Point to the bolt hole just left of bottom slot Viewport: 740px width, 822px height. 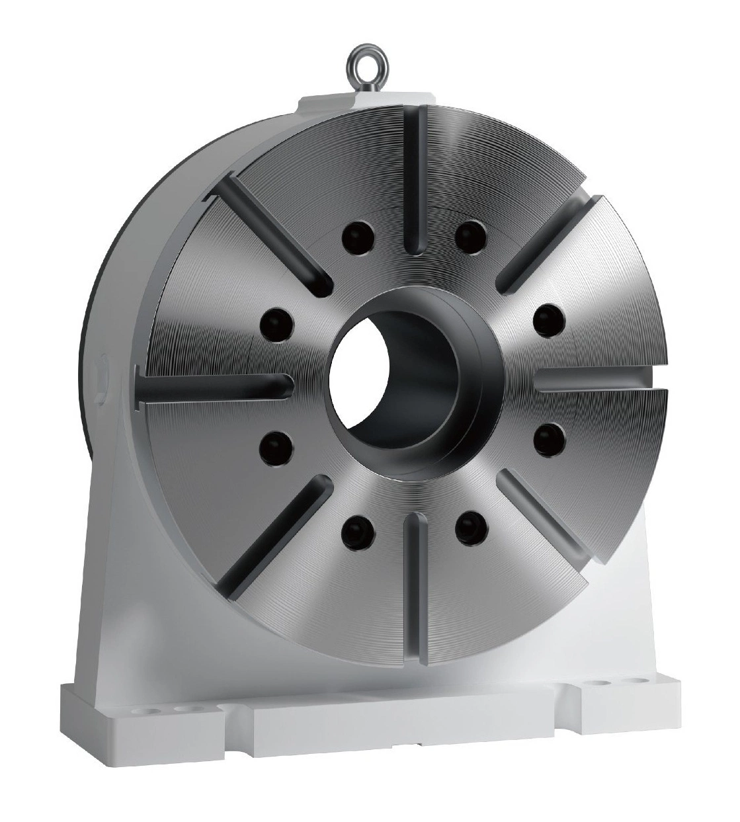click(358, 527)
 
